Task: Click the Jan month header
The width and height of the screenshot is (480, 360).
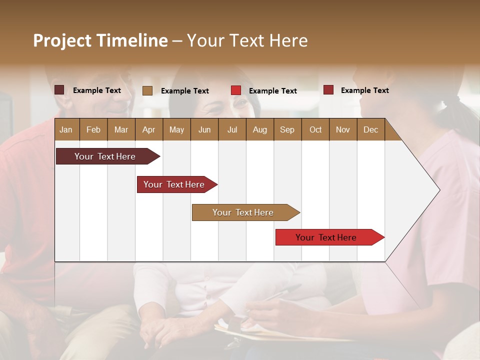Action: click(x=66, y=129)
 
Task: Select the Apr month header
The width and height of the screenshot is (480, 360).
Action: click(x=148, y=129)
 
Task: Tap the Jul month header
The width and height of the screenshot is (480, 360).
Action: click(x=232, y=129)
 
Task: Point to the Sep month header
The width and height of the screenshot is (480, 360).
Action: click(x=287, y=129)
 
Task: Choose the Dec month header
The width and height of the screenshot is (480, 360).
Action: click(x=370, y=129)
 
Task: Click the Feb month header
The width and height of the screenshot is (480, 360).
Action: click(x=93, y=129)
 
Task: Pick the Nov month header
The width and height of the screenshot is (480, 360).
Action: click(x=342, y=129)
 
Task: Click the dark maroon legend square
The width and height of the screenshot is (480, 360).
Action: click(x=59, y=90)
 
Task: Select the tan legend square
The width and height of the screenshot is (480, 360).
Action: click(x=147, y=90)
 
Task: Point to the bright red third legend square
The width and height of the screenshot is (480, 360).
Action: click(x=236, y=90)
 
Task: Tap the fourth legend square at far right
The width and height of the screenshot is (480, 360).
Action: click(x=328, y=90)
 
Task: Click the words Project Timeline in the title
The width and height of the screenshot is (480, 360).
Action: click(x=100, y=40)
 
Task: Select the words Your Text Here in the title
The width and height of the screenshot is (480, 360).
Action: click(x=247, y=40)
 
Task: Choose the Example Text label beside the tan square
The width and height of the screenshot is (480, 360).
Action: click(x=184, y=91)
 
